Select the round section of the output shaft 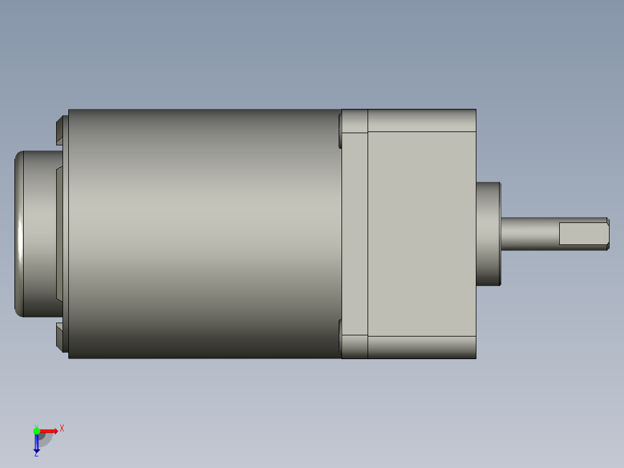point(529,233)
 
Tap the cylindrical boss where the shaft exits point(488,233)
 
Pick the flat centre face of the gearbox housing point(421,233)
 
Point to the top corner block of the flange point(355,121)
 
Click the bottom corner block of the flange point(355,346)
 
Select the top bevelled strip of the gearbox point(421,120)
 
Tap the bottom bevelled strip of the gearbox point(421,346)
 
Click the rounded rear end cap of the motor point(35,233)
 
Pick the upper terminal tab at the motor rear point(61,131)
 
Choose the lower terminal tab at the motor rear point(61,337)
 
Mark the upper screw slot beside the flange point(339,130)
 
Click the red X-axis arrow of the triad point(50,431)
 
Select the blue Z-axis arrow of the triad point(36,444)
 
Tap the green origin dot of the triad point(36,431)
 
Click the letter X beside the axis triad point(62,429)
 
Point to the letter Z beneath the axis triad point(36,455)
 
